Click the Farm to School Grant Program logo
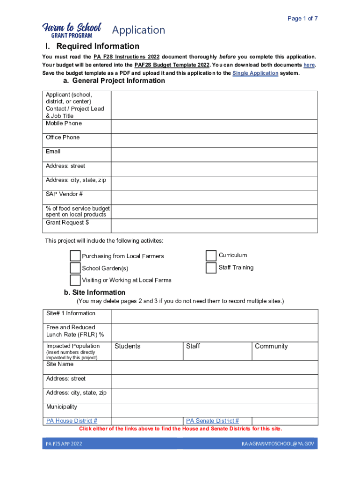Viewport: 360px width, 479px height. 72,30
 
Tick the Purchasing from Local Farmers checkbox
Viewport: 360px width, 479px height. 75,256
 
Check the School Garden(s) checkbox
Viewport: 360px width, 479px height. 75,268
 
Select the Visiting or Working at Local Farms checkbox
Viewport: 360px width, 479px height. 75,280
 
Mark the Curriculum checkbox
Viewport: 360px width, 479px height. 211,255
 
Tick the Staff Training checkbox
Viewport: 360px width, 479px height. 211,268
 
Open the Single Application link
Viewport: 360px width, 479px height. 255,73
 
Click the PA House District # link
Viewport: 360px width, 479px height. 72,421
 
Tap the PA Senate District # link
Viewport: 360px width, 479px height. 212,421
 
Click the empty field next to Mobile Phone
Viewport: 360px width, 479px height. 214,126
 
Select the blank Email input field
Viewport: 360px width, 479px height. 214,154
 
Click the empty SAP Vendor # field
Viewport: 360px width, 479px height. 214,197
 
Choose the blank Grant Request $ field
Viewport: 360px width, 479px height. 214,225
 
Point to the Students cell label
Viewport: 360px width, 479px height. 127,346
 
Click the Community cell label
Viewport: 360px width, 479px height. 271,346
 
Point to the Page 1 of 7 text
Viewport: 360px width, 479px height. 302,19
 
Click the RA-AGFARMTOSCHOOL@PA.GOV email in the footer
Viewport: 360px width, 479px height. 277,443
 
